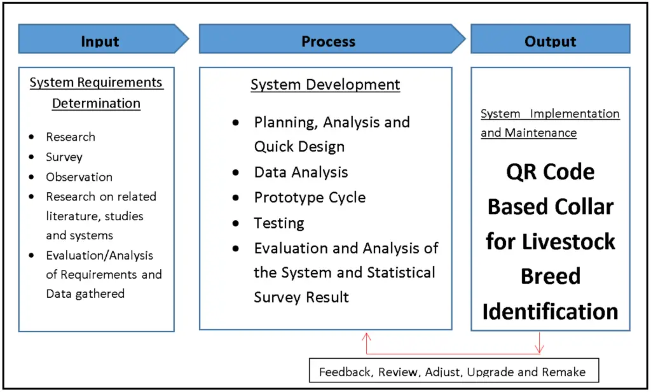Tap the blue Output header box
550,41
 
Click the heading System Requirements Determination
96,93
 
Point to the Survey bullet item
64,157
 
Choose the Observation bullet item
79,177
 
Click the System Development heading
325,85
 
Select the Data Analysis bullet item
301,172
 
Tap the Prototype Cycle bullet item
310,197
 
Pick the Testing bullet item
279,223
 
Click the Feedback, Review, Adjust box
453,372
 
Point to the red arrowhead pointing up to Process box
366,335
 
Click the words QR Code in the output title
550,172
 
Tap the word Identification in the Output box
550,311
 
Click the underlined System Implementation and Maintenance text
549,123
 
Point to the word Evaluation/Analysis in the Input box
99,255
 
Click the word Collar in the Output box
584,207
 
